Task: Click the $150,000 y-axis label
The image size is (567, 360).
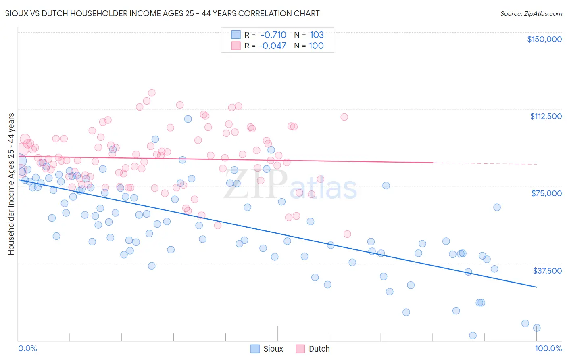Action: pos(544,39)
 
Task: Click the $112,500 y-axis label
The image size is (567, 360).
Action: pos(546,116)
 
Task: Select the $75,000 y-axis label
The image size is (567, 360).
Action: pos(546,193)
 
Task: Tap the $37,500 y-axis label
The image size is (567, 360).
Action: pos(547,271)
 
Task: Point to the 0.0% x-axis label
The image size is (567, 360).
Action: pos(27,348)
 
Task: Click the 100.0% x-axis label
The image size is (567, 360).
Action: pos(548,348)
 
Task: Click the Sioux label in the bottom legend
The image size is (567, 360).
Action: pos(273,349)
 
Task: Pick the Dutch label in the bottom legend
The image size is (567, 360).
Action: pos(319,349)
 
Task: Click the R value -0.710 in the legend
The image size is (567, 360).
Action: pos(273,35)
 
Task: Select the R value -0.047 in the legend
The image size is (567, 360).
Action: pos(272,46)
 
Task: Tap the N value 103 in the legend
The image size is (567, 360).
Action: pos(317,35)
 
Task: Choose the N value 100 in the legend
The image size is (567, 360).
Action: pos(316,46)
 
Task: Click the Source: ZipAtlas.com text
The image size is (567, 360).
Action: pos(531,14)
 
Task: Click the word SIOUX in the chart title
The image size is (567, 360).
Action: pos(17,14)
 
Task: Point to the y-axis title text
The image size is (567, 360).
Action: pos(11,184)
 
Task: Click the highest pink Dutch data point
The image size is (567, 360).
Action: pos(152,93)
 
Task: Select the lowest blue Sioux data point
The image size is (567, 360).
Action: pos(473,335)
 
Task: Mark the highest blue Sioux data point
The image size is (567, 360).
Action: pos(188,119)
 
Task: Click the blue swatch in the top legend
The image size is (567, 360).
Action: pos(236,35)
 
